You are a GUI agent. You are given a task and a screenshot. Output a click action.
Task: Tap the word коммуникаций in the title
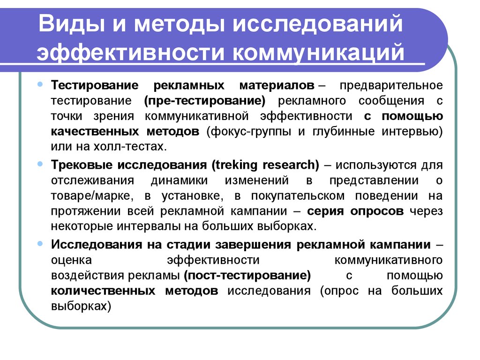(x=319, y=52)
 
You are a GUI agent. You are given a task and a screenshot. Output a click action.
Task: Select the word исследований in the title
(x=318, y=23)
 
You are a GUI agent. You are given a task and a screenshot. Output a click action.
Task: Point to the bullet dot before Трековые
(x=40, y=164)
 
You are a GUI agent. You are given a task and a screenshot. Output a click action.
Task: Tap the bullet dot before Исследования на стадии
(x=40, y=244)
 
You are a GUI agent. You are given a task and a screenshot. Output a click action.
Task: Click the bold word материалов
(x=277, y=85)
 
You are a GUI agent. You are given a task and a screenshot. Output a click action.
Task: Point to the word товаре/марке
(x=92, y=196)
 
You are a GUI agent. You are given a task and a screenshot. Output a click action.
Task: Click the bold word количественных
(x=103, y=291)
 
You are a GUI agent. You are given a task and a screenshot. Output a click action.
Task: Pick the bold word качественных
(x=95, y=132)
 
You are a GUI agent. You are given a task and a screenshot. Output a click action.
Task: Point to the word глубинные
(x=344, y=132)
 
